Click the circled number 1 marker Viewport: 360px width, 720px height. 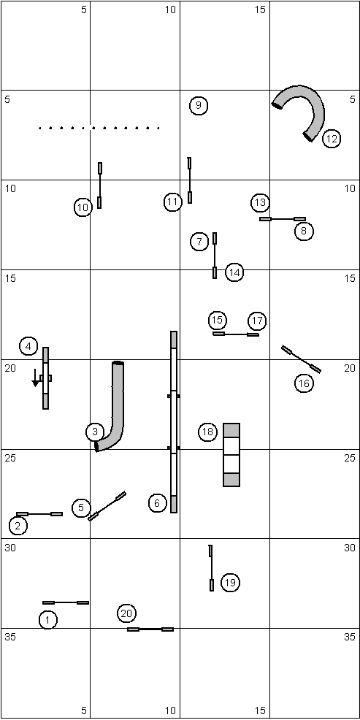(48, 620)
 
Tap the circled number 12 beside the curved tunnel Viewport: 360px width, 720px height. (332, 139)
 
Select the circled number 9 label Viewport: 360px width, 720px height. (199, 106)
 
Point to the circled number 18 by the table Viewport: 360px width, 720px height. (207, 432)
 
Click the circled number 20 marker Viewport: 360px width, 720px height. (127, 613)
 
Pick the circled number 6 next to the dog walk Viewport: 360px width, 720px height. (158, 503)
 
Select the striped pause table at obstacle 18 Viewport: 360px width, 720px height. (231, 455)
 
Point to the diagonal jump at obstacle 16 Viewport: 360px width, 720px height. (302, 359)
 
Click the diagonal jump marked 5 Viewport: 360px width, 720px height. (107, 506)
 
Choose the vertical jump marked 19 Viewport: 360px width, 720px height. (211, 568)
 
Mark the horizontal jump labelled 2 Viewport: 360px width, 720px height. (39, 514)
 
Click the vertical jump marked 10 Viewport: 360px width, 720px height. (99, 185)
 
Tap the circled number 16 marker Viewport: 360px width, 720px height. (304, 383)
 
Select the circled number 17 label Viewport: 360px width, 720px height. (257, 321)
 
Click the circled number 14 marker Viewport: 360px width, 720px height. (234, 273)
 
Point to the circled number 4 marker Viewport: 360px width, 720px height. (28, 346)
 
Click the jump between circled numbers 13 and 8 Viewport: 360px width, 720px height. (283, 219)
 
